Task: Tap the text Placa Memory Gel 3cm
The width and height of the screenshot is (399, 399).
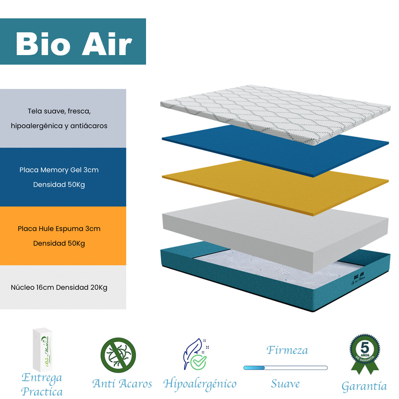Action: tap(59, 170)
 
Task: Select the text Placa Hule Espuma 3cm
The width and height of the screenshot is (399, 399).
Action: tap(59, 229)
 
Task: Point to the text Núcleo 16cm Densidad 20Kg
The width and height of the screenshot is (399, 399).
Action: tap(59, 287)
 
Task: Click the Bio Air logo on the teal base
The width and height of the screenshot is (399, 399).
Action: tap(360, 279)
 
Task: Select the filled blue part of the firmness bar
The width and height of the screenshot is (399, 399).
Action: tap(254, 367)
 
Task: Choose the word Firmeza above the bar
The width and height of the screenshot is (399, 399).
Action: tap(287, 350)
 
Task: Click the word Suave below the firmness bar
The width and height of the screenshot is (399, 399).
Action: tap(285, 384)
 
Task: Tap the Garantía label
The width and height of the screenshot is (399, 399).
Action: tap(364, 386)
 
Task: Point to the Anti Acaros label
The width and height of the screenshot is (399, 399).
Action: tap(122, 384)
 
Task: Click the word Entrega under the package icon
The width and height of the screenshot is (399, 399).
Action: tap(41, 377)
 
